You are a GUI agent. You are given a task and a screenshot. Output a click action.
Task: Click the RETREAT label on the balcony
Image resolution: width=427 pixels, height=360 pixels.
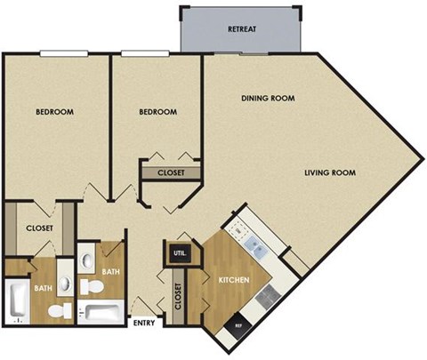point(242,29)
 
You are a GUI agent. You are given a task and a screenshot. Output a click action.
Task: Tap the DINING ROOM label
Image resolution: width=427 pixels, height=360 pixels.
point(268,98)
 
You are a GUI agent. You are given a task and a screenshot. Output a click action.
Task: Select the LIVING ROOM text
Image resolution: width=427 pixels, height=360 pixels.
point(329,172)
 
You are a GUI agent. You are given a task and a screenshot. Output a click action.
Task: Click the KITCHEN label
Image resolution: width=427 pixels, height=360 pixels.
point(233,281)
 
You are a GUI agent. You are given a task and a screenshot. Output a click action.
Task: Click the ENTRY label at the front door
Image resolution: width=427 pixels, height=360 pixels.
point(144,324)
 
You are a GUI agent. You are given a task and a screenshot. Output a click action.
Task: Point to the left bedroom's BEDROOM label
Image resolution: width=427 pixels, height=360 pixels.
point(54,112)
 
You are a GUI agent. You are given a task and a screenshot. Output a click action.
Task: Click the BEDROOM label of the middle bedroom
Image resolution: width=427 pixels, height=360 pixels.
point(158,112)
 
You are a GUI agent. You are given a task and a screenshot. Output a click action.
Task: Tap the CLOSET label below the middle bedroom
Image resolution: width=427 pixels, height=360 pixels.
point(171,172)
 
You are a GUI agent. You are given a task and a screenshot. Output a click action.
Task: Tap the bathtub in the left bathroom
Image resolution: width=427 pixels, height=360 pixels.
point(18,302)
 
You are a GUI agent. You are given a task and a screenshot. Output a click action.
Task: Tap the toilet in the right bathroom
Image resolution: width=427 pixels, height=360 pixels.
point(90,286)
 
